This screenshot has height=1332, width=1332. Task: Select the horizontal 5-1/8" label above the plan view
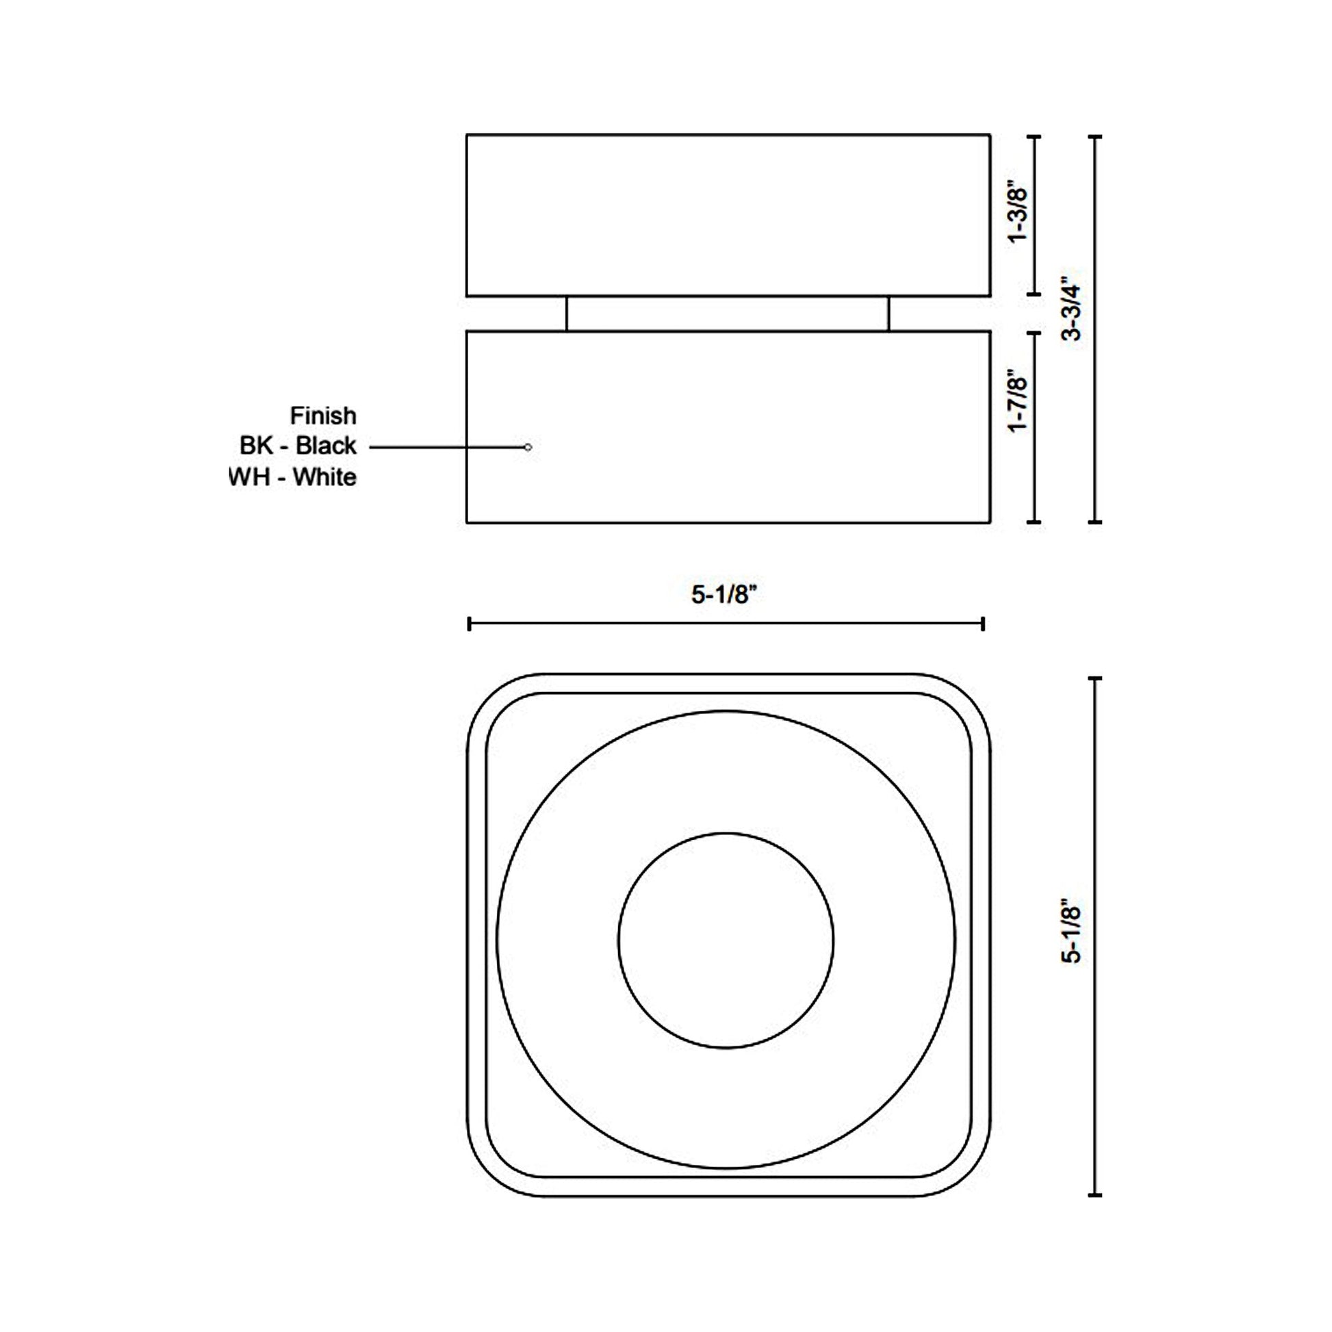[x=725, y=594]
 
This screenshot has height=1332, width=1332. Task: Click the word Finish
[x=322, y=415]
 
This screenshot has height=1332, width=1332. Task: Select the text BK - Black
[x=298, y=446]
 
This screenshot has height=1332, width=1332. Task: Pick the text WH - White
[x=293, y=477]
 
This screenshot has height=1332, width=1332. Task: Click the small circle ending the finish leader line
[x=528, y=448]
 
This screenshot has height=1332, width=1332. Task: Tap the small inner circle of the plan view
[x=726, y=940]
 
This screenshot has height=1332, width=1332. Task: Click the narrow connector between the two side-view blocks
[x=728, y=314]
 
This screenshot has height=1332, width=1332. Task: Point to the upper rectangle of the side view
[x=728, y=215]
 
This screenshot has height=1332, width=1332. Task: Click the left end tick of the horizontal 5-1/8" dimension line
[x=470, y=624]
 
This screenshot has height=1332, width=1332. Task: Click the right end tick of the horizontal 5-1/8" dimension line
[x=983, y=624]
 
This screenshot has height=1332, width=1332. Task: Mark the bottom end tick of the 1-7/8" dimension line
[x=1034, y=522]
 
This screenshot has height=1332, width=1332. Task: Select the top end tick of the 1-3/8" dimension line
[x=1034, y=137]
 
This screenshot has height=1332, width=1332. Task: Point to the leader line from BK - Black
[x=448, y=448]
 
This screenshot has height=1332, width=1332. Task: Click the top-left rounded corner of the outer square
[x=486, y=693]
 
